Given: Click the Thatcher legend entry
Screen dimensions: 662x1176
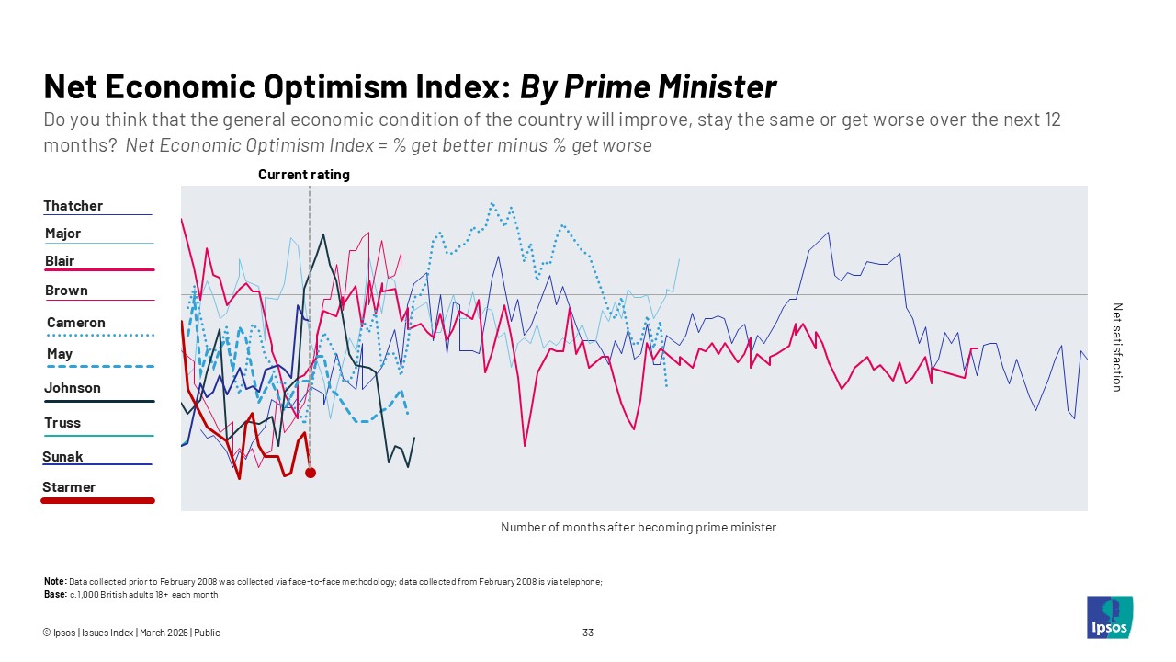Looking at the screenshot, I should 73,206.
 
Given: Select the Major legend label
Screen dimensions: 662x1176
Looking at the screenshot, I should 63,234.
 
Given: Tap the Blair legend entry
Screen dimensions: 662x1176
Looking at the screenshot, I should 60,261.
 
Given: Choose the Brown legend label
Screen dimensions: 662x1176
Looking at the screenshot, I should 66,291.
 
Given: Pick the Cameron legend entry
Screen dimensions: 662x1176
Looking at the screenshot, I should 76,323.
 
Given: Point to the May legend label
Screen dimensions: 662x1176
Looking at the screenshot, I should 60,354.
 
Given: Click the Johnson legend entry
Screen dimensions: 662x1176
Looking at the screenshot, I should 73,388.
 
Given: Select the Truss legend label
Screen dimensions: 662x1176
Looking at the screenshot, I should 62,423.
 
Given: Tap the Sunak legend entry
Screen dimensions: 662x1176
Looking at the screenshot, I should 62,457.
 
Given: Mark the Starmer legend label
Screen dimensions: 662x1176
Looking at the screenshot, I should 69,487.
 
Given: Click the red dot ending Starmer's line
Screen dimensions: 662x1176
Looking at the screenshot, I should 311,473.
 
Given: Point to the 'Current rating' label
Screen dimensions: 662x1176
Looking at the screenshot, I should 303,175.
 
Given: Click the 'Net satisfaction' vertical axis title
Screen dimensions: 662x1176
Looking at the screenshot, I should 1117,348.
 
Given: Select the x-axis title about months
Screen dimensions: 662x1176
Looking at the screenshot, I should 639,528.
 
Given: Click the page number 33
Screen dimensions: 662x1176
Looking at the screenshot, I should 588,633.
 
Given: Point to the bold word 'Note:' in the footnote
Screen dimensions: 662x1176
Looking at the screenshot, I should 55,582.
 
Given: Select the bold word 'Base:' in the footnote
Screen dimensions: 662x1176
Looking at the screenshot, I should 55,594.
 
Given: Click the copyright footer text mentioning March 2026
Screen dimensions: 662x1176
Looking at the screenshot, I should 131,633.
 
